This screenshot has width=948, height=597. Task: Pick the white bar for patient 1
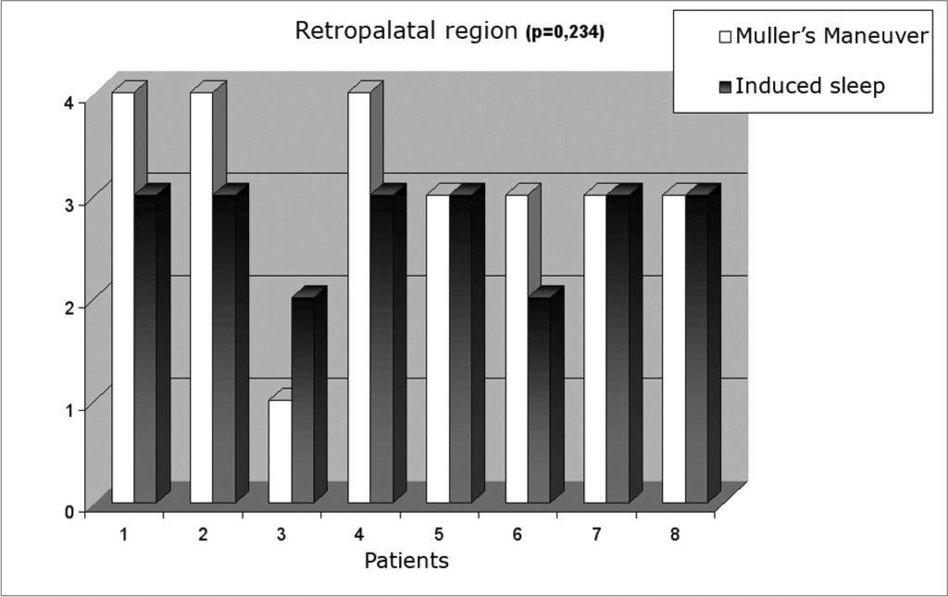[122, 296]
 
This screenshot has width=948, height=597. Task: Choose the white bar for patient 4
[359, 296]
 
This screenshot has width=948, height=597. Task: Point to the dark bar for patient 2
[224, 348]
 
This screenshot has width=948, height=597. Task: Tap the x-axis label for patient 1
[124, 534]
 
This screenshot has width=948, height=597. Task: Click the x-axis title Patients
[406, 560]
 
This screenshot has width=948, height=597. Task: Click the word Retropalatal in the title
[354, 31]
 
